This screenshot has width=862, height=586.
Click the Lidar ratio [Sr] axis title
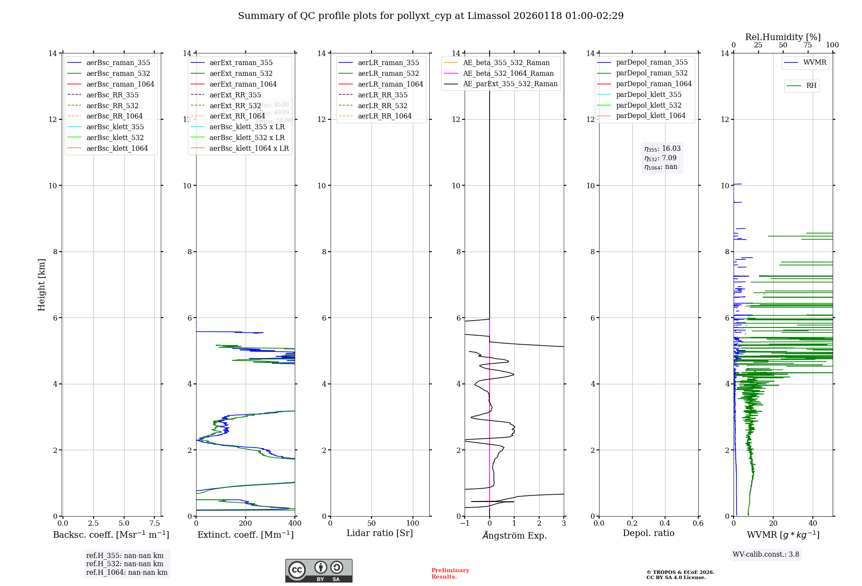tap(380, 533)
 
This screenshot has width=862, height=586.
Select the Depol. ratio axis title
tap(648, 533)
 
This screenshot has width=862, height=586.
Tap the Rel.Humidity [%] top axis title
tap(783, 37)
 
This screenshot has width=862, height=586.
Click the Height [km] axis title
tap(41, 284)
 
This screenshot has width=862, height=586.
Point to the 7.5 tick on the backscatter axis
tap(155, 524)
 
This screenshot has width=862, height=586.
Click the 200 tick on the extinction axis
tap(245, 524)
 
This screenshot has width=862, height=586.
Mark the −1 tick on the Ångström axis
tap(464, 524)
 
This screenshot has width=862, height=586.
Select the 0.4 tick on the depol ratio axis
tap(665, 524)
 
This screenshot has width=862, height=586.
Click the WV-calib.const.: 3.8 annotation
tap(766, 555)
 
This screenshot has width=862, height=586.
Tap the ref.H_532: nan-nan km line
tap(125, 564)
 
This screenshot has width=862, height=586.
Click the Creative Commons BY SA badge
tap(319, 571)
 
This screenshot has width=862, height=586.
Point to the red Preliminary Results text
tap(450, 574)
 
